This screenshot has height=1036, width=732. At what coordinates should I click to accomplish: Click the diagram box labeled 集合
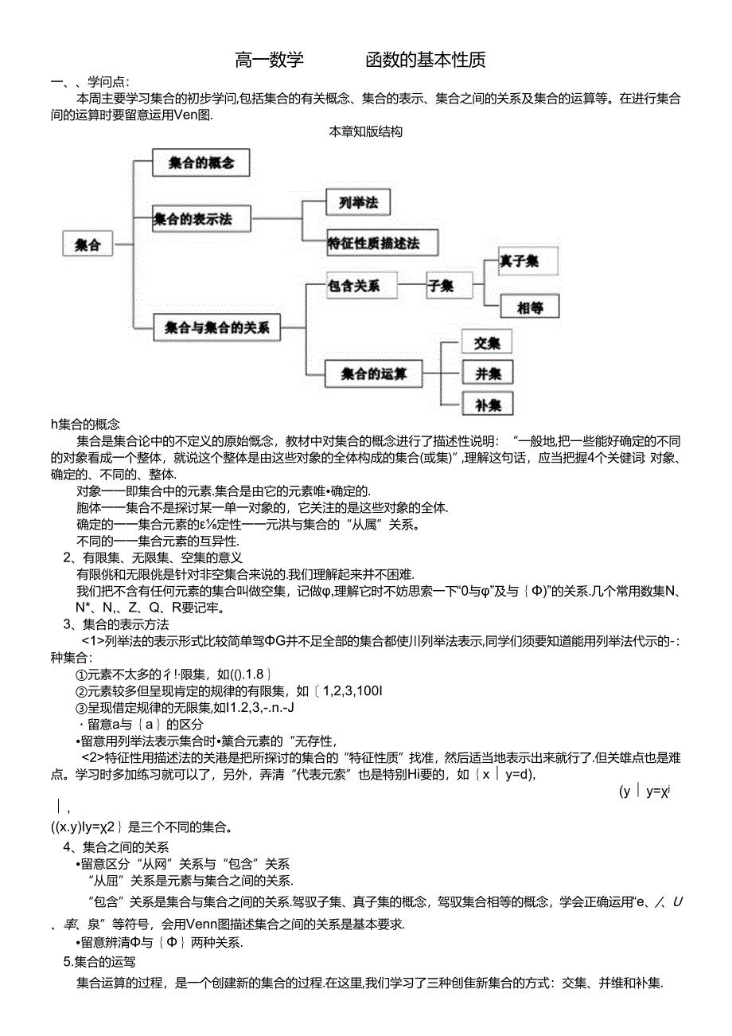coord(88,244)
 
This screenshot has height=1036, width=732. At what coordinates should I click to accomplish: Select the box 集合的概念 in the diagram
coord(201,162)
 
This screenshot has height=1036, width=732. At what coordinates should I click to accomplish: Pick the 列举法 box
coord(358,203)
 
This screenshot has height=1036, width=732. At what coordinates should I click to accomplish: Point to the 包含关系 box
coord(362,285)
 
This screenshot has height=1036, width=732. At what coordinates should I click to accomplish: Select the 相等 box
coord(529,307)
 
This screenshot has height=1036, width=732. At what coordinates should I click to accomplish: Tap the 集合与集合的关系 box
coord(217,326)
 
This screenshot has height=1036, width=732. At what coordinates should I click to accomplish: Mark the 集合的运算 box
coord(374,373)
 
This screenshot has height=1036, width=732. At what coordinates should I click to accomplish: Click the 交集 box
coord(487,342)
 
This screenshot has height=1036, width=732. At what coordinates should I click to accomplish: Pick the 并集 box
coord(487,373)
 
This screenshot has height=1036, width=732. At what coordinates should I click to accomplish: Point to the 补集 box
coord(487,404)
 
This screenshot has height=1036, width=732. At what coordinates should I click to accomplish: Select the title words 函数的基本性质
coord(426,60)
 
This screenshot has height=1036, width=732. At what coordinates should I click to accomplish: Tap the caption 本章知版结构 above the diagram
coord(366,132)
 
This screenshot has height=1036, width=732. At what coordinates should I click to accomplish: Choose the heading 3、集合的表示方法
coord(116,624)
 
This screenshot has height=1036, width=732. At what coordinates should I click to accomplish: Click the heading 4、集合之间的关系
coord(116,847)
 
